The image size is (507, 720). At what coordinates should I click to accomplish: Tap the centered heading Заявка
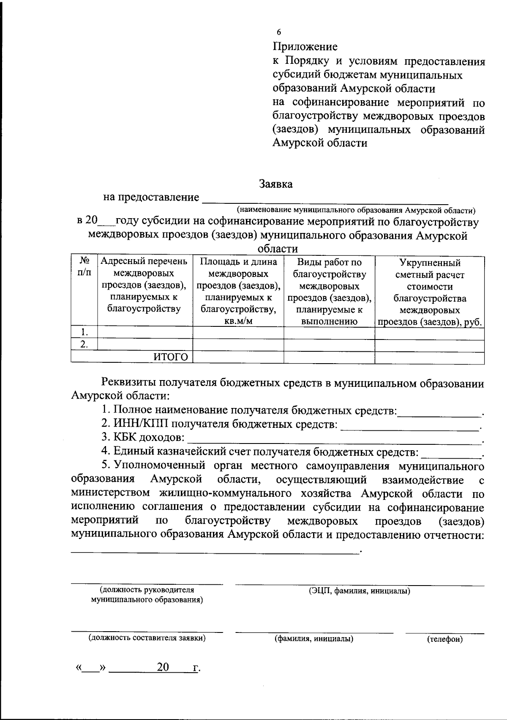pyautogui.click(x=275, y=184)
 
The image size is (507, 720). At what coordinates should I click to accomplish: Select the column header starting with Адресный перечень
pyautogui.click(x=144, y=285)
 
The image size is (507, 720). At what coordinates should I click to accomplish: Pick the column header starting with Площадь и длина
pyautogui.click(x=238, y=291)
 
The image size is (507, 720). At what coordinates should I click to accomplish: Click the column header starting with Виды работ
pyautogui.click(x=329, y=291)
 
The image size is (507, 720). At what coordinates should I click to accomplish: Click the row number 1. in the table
pyautogui.click(x=84, y=331)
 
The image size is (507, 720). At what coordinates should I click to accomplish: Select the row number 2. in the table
pyautogui.click(x=84, y=345)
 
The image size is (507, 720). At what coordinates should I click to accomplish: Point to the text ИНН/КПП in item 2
pyautogui.click(x=141, y=424)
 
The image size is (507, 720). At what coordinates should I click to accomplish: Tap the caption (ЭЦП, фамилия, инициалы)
pyautogui.click(x=360, y=591)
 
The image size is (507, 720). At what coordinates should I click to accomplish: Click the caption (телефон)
pyautogui.click(x=445, y=640)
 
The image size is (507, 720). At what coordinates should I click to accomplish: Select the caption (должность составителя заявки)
pyautogui.click(x=147, y=638)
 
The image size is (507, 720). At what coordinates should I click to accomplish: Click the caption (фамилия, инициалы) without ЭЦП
pyautogui.click(x=314, y=639)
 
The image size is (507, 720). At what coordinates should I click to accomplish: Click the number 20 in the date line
pyautogui.click(x=163, y=667)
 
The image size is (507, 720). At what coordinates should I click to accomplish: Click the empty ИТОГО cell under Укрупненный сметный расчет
pyautogui.click(x=429, y=357)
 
